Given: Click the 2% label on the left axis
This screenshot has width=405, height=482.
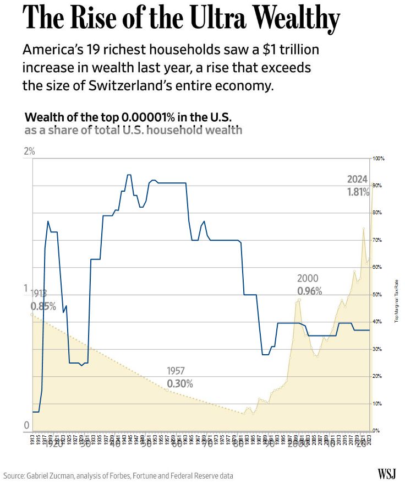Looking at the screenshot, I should click(29, 151).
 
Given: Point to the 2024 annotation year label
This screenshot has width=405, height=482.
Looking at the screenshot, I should click(357, 179).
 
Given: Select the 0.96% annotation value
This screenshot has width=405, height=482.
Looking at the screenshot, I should click(309, 291).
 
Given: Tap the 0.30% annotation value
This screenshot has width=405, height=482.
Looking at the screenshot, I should click(180, 383).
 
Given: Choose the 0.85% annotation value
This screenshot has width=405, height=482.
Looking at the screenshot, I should click(43, 306).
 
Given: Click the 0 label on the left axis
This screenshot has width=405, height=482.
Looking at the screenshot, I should click(26, 425).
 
